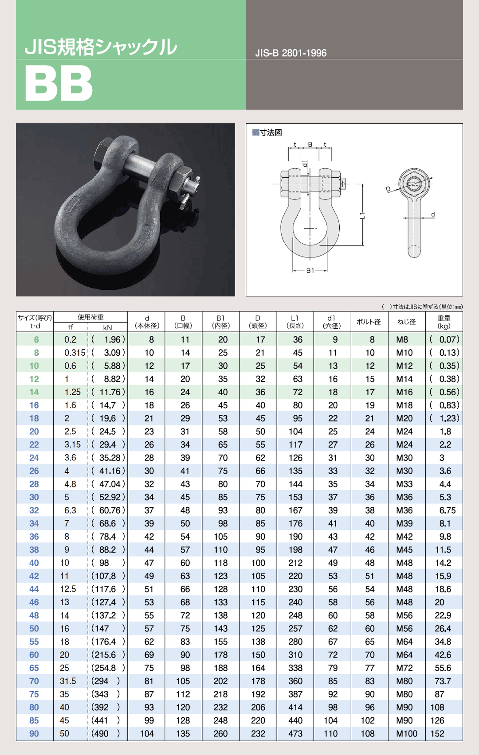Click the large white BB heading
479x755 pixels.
coord(59,83)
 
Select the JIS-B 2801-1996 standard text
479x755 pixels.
coord(291,53)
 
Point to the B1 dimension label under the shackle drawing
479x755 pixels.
coord(310,270)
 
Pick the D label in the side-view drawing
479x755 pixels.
coord(388,190)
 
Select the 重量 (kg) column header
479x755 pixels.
coord(444,322)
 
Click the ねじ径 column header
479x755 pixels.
coord(406,322)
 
